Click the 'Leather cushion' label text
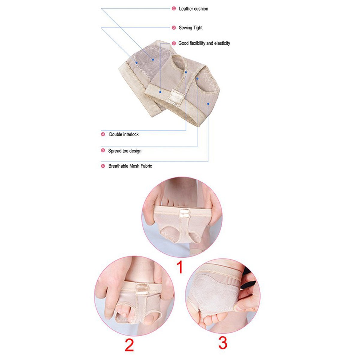point(193,9)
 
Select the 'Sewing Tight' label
point(190,28)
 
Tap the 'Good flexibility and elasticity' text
point(204,43)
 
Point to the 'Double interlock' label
point(124,134)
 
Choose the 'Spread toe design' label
point(125,151)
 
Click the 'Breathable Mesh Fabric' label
point(130,166)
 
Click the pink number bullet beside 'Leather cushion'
point(174,9)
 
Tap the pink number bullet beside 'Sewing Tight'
point(174,28)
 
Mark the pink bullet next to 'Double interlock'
point(103,134)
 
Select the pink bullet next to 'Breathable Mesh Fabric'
point(103,166)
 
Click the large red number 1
point(179,267)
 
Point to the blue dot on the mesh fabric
point(208,104)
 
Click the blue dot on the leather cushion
point(153,60)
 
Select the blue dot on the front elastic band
point(160,92)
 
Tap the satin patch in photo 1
point(184,213)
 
